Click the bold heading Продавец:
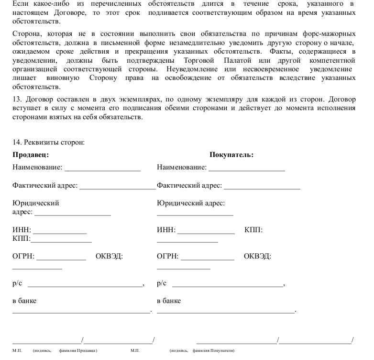tap(31, 155)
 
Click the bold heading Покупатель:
tap(231, 155)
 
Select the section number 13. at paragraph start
tap(17, 100)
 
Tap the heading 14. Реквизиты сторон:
tap(48, 143)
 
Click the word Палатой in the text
tap(237, 61)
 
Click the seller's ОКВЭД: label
tap(110, 256)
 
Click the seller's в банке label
tap(24, 301)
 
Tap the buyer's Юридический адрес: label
tap(191, 203)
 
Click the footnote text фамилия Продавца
tap(78, 351)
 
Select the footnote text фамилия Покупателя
tap(213, 351)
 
